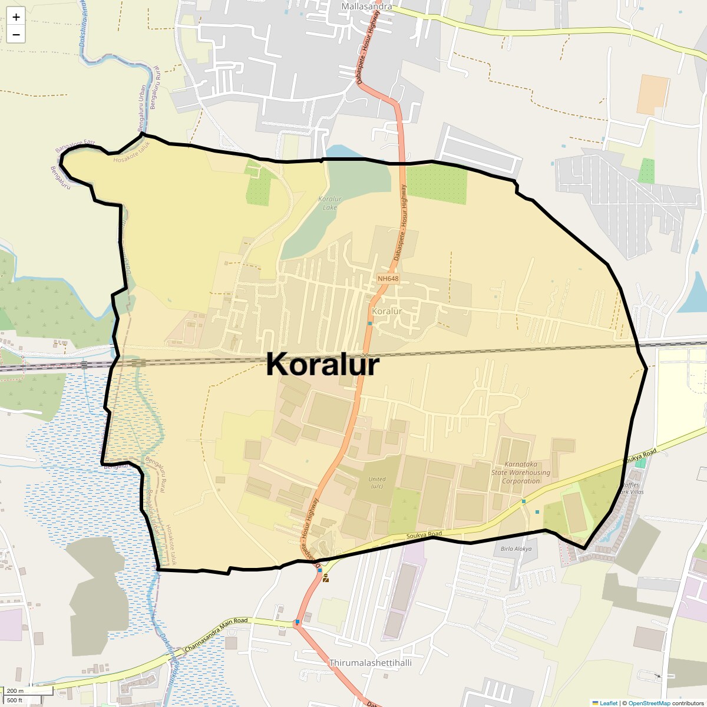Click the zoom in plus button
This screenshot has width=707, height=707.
16,17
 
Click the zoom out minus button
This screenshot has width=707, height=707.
16,35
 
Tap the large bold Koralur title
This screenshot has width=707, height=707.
322,365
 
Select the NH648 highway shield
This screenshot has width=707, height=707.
388,279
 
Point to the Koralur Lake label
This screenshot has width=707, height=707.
330,203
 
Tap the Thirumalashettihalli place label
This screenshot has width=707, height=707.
370,663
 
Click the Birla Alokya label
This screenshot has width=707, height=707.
516,549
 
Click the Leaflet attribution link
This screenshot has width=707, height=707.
608,703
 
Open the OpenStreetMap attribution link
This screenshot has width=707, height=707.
649,703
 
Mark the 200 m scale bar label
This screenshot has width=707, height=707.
16,691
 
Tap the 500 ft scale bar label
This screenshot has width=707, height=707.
15,701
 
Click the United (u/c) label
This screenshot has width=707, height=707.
376,483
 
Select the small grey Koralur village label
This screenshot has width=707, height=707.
387,311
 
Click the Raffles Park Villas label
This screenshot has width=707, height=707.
632,488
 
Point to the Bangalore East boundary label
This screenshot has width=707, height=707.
75,146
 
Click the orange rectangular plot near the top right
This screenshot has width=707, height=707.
653,94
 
